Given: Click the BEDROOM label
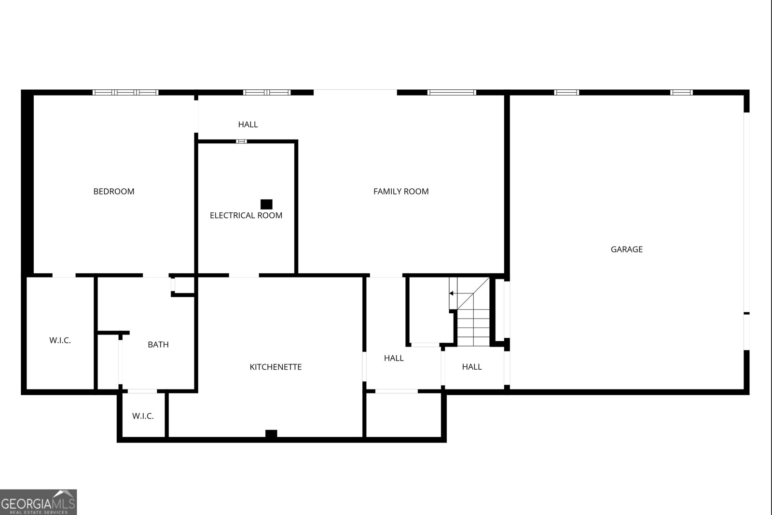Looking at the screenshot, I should pos(114,192).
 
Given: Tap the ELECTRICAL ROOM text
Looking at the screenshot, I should pos(246,215).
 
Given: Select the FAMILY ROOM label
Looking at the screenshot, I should pos(401,192).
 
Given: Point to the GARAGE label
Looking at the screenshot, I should pos(626,250).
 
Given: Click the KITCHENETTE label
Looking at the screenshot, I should pos(276,367).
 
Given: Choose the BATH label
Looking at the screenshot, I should pos(158,345).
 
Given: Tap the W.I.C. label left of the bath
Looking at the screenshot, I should pos(60,341).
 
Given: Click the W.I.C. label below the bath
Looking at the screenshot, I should pos(143,416).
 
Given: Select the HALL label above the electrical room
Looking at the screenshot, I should pos(248,125).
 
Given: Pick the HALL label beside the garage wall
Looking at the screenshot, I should pos(472,367).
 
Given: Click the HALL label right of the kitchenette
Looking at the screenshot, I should pos(394,358).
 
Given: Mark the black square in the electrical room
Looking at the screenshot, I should pos(266,204).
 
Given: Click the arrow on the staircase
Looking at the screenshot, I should pos(452,293).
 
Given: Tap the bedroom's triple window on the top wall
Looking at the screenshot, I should pos(125,92).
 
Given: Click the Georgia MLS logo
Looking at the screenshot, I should pos(38,502).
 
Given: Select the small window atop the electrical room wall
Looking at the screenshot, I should pos(241,141).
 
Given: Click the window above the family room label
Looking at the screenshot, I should pos(452,92).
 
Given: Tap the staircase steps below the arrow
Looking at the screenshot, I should pos(473,328).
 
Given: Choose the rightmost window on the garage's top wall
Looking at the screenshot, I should pos(681,92).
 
